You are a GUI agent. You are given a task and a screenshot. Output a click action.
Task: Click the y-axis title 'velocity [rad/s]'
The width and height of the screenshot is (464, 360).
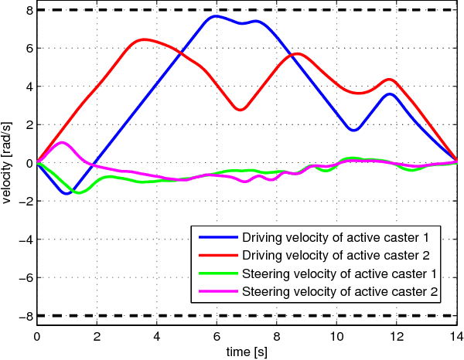coord(7,162)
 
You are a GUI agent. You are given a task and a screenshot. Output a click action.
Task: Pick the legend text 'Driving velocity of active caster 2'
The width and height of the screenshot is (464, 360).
coord(340,254)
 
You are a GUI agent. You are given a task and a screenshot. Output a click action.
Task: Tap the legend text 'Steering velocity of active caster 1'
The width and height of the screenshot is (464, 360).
coord(340,273)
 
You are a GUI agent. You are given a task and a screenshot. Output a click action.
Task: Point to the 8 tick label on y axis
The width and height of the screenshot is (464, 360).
coord(27,11)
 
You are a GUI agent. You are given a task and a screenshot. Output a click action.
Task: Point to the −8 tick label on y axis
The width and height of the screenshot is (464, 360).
coord(24,315)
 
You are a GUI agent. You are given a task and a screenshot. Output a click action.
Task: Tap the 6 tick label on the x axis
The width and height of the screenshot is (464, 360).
coord(217,337)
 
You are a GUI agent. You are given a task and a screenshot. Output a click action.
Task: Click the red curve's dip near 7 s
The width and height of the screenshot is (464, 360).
coord(241,110)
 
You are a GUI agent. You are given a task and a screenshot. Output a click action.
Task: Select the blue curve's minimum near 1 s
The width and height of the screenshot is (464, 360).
coord(67,193)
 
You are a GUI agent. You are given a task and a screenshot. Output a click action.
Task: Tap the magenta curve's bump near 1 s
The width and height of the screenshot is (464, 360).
coord(63,142)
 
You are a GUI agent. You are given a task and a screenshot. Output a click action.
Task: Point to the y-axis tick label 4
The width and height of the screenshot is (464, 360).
coord(27,87)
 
